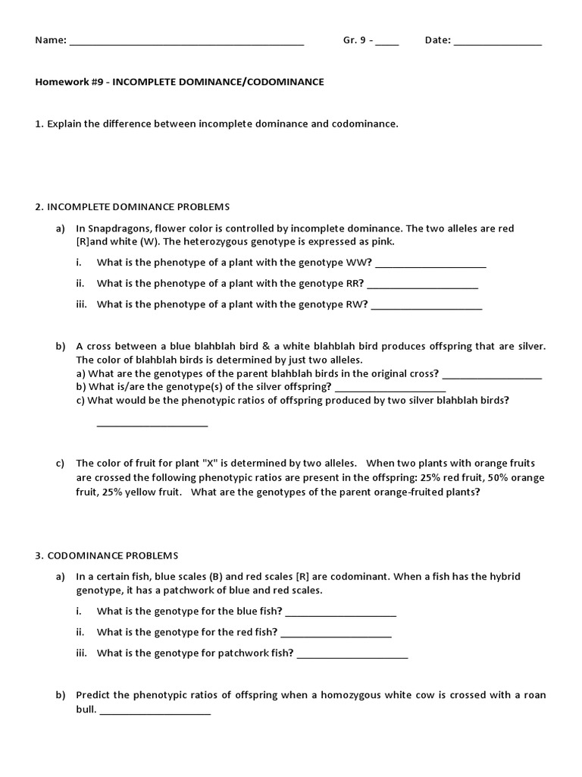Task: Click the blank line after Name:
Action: pyautogui.click(x=186, y=43)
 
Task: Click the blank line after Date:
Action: pyautogui.click(x=498, y=43)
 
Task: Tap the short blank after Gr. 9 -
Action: pyautogui.click(x=386, y=43)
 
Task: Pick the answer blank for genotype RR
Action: pyautogui.click(x=422, y=286)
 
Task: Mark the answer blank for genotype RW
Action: pyautogui.click(x=427, y=307)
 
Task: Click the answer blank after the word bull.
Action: pyautogui.click(x=155, y=713)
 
